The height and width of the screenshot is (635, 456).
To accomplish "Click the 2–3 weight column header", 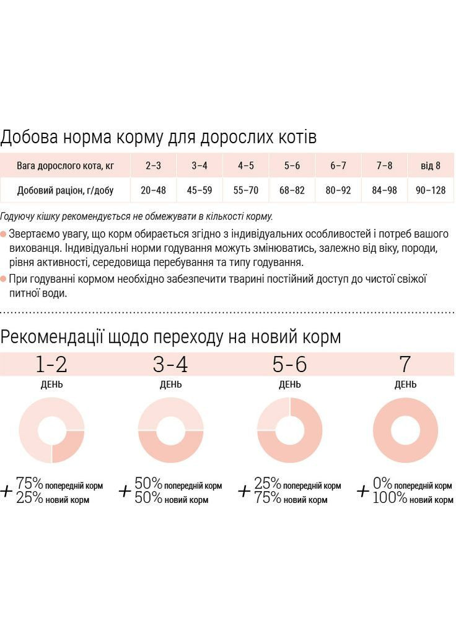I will (x=153, y=166).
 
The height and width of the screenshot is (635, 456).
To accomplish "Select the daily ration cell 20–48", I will (x=153, y=190).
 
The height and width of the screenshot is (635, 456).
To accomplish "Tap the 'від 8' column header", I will (x=431, y=166).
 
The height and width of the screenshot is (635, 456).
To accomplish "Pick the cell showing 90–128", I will (x=431, y=190).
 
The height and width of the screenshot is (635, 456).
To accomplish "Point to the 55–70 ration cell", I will (x=246, y=190).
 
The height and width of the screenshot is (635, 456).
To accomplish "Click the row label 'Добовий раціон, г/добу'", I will (x=65, y=190).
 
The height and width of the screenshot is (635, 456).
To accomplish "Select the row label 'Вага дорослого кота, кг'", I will (x=65, y=166).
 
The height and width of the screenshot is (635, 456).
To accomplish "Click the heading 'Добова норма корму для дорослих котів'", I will (x=159, y=137).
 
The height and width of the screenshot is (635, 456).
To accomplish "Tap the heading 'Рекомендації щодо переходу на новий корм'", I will (x=170, y=337).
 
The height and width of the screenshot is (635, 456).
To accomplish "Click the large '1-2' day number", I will (x=51, y=365).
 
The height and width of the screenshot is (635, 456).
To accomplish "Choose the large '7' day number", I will (x=405, y=365).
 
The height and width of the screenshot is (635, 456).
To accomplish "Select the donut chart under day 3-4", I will (x=170, y=430).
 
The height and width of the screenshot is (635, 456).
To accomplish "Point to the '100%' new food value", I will (x=390, y=498).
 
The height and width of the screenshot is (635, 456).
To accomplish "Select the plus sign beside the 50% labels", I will (x=125, y=491).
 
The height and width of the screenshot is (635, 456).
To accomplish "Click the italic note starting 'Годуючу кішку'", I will (x=136, y=217).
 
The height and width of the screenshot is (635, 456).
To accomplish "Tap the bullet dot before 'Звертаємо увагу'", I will (x=4, y=235).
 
